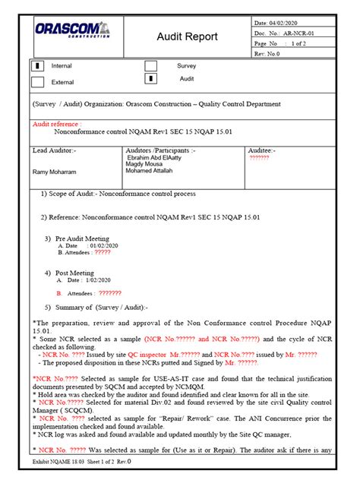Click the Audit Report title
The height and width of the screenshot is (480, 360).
(x=187, y=36)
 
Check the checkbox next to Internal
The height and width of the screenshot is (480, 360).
(x=37, y=67)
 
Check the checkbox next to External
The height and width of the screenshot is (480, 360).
(x=37, y=82)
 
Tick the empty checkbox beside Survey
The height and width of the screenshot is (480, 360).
(x=151, y=66)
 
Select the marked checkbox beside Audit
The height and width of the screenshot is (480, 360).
(x=151, y=78)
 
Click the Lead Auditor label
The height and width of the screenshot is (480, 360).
(x=54, y=150)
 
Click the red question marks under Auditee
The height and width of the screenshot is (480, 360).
(x=259, y=157)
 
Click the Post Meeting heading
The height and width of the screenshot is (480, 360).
(x=74, y=273)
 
